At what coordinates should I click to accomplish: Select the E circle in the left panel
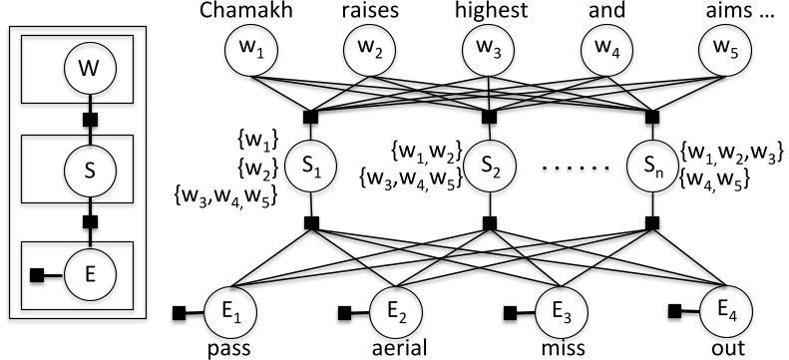pos(90,269)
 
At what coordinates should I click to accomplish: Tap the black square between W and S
pos(90,122)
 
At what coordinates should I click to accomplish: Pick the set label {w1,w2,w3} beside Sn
pos(730,154)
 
